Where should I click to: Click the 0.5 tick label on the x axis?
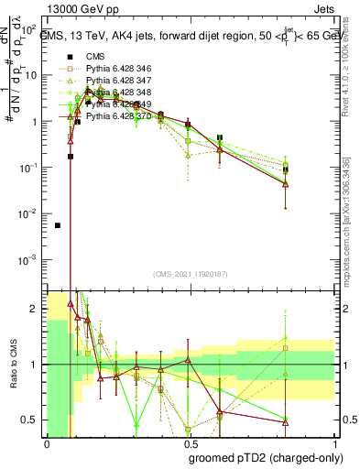pos(190,444)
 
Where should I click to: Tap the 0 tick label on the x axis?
pos(46,444)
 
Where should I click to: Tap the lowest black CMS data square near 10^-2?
pos(58,224)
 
